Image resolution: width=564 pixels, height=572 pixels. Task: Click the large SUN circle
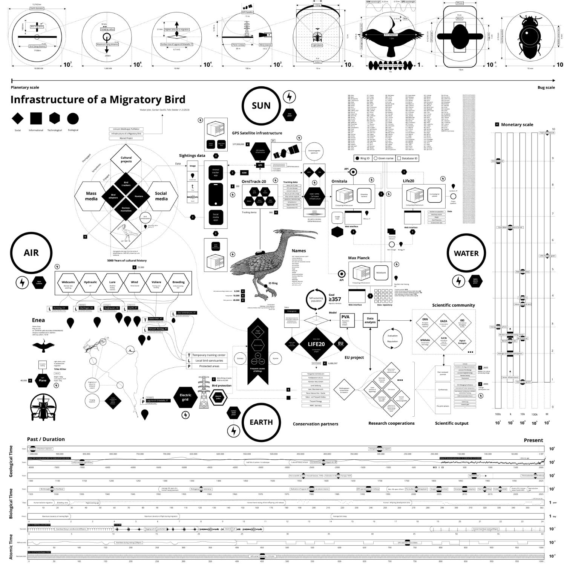pyautogui.click(x=261, y=106)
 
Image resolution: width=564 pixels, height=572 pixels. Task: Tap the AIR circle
pyautogui.click(x=31, y=253)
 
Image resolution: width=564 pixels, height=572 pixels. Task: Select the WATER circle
pyautogui.click(x=466, y=253)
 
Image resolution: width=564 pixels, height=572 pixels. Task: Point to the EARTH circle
pyautogui.click(x=261, y=422)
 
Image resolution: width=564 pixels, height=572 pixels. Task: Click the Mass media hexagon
pyautogui.click(x=91, y=196)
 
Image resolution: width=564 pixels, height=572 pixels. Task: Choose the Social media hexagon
pyautogui.click(x=161, y=196)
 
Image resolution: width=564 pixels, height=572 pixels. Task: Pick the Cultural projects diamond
pyautogui.click(x=126, y=160)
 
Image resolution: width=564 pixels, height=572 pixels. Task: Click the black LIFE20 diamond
pyautogui.click(x=316, y=344)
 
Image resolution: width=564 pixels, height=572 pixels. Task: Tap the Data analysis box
pyautogui.click(x=370, y=320)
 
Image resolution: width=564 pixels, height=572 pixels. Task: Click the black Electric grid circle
pyautogui.click(x=185, y=397)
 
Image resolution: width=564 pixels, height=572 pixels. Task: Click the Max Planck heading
pyautogui.click(x=359, y=258)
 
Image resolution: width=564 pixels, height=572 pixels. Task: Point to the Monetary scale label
pyautogui.click(x=517, y=124)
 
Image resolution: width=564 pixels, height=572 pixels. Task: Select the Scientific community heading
pyautogui.click(x=453, y=305)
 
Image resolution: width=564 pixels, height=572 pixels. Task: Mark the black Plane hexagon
pyautogui.click(x=43, y=380)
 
